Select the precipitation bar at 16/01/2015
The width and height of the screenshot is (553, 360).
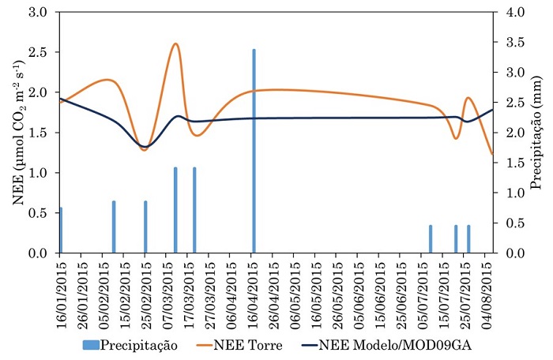click(61, 230)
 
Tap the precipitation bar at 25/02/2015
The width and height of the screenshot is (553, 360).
click(145, 227)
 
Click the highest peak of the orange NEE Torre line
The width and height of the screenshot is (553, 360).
click(175, 44)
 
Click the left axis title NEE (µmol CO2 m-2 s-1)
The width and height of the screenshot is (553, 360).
click(17, 133)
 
